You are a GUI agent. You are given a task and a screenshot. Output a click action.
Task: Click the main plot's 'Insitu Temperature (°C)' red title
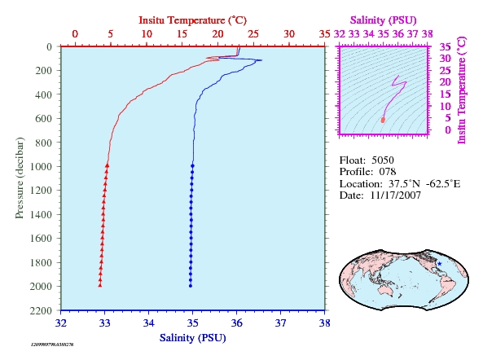(193, 20)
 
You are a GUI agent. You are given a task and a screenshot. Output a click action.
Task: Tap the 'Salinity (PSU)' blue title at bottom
(193, 338)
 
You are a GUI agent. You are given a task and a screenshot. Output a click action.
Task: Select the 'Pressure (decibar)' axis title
(20, 178)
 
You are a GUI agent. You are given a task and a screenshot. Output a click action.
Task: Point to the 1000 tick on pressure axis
(41, 167)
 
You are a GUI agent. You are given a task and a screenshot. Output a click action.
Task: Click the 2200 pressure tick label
(41, 310)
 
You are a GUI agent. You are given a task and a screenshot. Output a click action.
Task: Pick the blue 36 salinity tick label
(236, 323)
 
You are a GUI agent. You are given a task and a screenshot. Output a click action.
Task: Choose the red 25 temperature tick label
(253, 34)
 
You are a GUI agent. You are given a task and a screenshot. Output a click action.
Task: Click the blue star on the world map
(440, 264)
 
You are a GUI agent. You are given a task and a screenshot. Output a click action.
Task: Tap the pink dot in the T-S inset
(383, 120)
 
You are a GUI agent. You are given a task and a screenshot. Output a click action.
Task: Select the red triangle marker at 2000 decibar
(100, 285)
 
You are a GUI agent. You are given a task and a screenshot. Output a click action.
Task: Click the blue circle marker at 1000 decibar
(192, 166)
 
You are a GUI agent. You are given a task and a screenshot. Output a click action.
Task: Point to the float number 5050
(383, 160)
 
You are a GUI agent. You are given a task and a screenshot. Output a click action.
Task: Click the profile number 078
(388, 172)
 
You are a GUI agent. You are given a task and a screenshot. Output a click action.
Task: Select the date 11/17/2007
(396, 195)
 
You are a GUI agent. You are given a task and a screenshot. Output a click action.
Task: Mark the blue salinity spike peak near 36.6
(261, 60)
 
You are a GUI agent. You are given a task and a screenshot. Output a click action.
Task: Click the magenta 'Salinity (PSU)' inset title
(383, 20)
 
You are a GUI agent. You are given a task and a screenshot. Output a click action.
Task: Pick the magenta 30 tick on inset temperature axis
(445, 58)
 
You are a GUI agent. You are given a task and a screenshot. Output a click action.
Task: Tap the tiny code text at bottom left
(52, 345)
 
